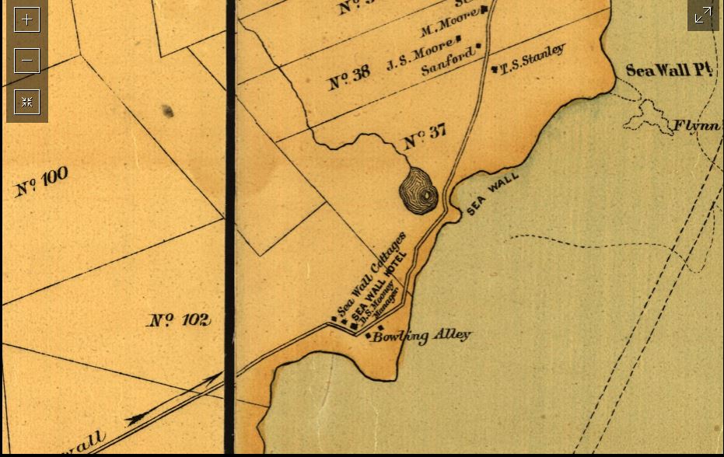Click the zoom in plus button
[x=26, y=19]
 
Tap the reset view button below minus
[x=26, y=102]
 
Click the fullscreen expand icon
[x=703, y=16]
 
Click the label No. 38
[x=348, y=78]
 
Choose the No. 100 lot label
[x=42, y=181]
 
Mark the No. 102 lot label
[x=179, y=319]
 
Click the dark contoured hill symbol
[x=419, y=190]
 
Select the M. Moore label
[x=448, y=28]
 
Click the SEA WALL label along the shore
[x=493, y=193]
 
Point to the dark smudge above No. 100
[x=168, y=112]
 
